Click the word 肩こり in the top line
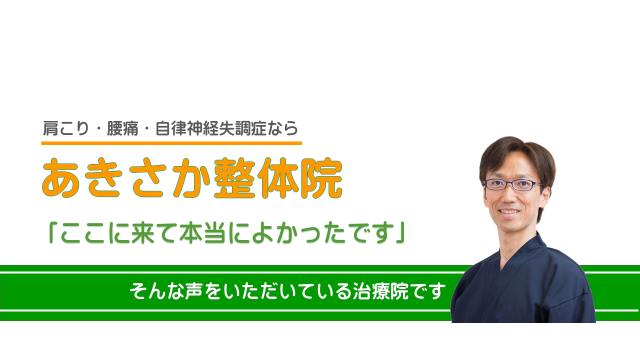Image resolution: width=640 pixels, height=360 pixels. [x=66, y=128]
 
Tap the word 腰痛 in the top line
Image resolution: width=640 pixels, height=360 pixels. [x=122, y=128]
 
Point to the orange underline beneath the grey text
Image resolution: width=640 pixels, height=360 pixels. [x=171, y=143]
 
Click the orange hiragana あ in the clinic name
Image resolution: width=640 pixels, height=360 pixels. [x=61, y=177]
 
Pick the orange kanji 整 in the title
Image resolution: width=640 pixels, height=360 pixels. [x=235, y=177]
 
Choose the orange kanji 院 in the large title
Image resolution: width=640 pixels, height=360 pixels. [x=321, y=177]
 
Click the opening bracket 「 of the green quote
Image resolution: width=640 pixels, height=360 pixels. [x=53, y=232]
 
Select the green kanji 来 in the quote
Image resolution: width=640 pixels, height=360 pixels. [x=143, y=233]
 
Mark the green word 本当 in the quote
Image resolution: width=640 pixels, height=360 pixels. [x=202, y=233]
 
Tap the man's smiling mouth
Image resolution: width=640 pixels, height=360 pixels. [x=508, y=212]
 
